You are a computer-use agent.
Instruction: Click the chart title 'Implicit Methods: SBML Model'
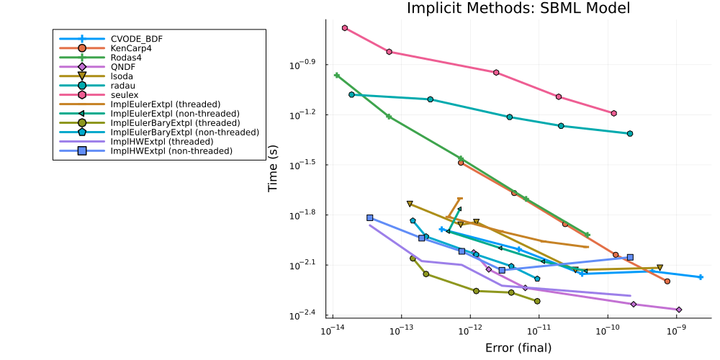[x=518, y=9]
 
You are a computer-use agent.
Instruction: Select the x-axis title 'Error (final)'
[x=518, y=348]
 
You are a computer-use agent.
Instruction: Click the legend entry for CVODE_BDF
[x=136, y=38]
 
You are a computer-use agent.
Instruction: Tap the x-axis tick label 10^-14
[x=332, y=330]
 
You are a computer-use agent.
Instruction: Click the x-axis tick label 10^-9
[x=676, y=330]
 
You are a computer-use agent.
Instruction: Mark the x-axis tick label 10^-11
[x=539, y=330]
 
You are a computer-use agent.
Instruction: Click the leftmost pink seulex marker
[x=345, y=28]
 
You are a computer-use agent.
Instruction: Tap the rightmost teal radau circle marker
[x=630, y=133]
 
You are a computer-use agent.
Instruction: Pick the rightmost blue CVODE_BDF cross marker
[x=701, y=277]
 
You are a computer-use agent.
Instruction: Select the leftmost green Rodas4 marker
[x=337, y=75]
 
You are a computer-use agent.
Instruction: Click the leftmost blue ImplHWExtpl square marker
[x=369, y=217]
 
